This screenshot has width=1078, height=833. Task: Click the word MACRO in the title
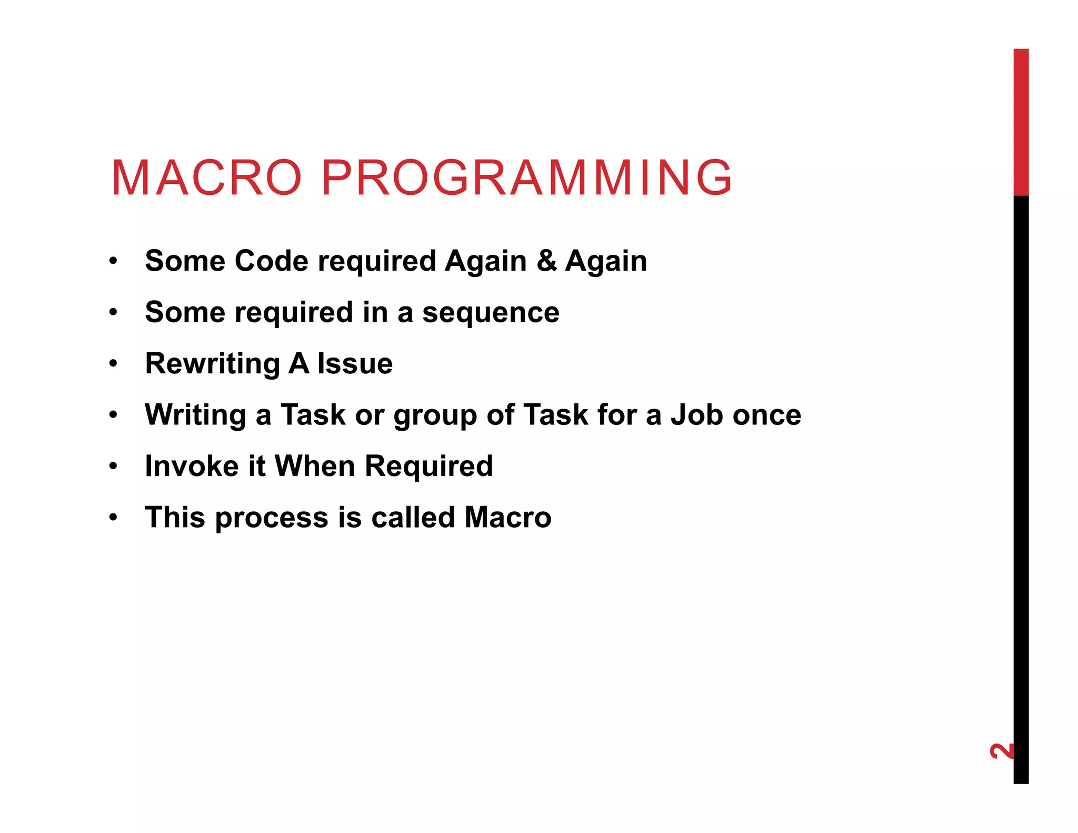(x=206, y=178)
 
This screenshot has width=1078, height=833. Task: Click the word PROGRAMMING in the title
(x=526, y=178)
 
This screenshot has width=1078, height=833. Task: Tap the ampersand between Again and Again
(x=546, y=261)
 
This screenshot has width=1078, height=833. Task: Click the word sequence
(x=491, y=313)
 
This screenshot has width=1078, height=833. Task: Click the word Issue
(x=355, y=364)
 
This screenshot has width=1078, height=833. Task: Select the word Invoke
(x=192, y=466)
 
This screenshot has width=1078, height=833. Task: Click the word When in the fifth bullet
(x=314, y=466)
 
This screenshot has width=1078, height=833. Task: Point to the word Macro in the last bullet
(x=507, y=517)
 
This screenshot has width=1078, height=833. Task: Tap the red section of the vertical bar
(x=1021, y=122)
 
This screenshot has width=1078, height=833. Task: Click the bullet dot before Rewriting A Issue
(x=113, y=364)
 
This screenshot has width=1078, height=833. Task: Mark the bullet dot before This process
(x=113, y=518)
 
